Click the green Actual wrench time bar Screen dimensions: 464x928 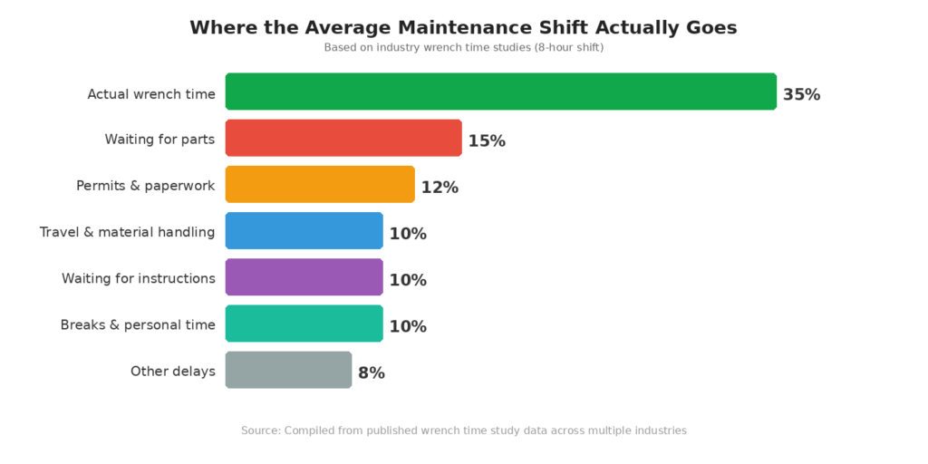click(x=500, y=92)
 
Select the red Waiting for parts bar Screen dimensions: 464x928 click(x=343, y=138)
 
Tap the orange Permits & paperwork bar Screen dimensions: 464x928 click(x=320, y=184)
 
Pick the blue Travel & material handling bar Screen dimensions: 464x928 click(x=304, y=230)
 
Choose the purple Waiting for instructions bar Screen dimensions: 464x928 click(x=304, y=277)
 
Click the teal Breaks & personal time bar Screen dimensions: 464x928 click(x=304, y=324)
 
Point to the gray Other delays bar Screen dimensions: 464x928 click(x=288, y=370)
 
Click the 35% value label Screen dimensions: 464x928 click(x=801, y=94)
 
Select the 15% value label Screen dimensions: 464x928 click(x=487, y=141)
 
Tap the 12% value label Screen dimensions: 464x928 click(x=440, y=188)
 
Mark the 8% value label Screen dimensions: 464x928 click(x=372, y=372)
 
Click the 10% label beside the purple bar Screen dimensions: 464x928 click(x=408, y=280)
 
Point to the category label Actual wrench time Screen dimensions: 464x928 click(x=151, y=93)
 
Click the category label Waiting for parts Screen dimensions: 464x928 click(x=159, y=140)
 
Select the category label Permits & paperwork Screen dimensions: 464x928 click(x=145, y=186)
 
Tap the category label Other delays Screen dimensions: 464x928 click(x=173, y=371)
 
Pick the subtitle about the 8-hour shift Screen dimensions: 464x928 click(x=463, y=47)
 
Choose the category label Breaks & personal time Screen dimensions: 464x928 click(x=138, y=324)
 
